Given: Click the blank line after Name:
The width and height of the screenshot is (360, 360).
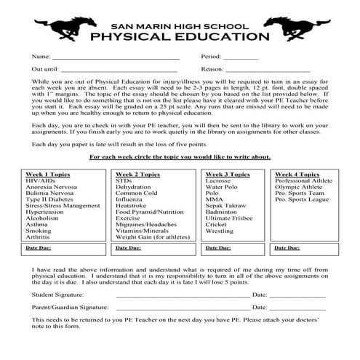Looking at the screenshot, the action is coord(116,57).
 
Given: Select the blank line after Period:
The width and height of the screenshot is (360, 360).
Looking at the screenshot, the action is coord(241,57).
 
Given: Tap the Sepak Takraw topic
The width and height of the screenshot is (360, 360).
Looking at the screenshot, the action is coord(226,205).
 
